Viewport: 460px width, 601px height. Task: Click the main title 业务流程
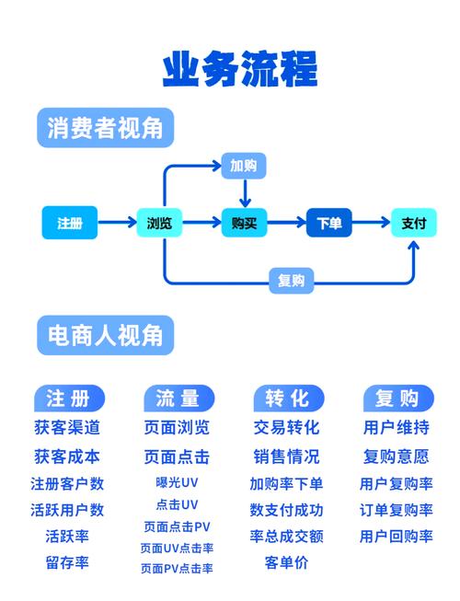coord(240,69)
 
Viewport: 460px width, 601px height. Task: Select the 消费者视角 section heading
coord(105,128)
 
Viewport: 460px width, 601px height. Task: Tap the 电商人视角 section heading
coord(105,335)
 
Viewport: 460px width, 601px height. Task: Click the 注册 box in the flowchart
coord(70,223)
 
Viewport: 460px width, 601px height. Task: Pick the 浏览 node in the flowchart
coord(159,223)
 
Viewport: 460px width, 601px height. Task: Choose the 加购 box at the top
coord(244,166)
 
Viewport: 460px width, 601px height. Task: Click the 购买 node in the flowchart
coord(244,223)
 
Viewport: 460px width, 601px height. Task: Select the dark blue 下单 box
coord(329,223)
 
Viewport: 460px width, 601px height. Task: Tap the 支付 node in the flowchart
coord(414,223)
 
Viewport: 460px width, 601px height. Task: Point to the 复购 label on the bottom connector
coord(292,281)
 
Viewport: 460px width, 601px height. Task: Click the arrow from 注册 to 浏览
coord(117,222)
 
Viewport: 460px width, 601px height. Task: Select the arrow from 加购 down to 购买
coord(245,193)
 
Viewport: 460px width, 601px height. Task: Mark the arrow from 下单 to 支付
coord(371,222)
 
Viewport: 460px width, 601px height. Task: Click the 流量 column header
coord(178,399)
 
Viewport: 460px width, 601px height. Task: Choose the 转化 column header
coord(289,399)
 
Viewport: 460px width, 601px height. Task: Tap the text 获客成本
coord(67,457)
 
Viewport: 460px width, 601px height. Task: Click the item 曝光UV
coord(177,482)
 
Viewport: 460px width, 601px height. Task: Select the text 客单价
coord(286,562)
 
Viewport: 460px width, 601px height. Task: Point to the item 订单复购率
coord(396,510)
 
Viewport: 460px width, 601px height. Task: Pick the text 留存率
coord(67,562)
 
